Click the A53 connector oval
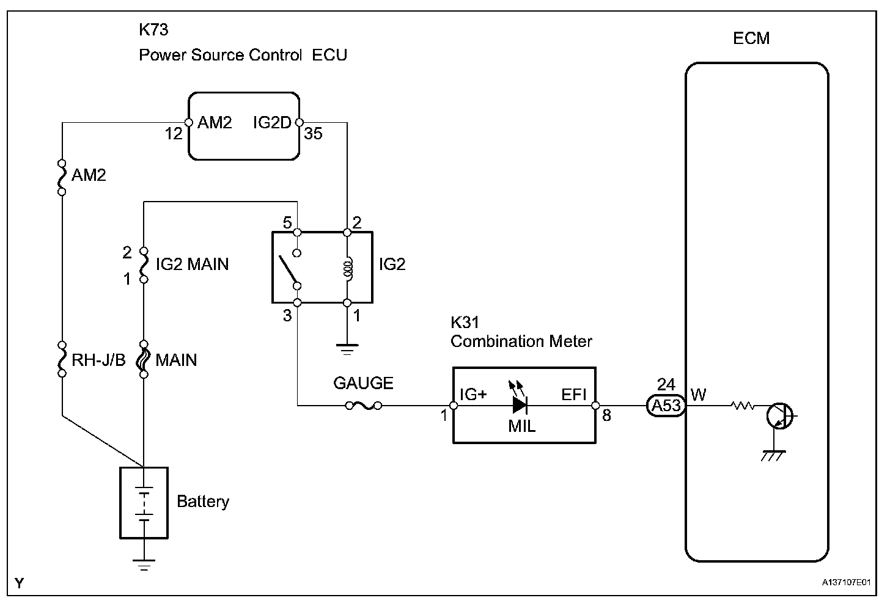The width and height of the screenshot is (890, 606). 666,406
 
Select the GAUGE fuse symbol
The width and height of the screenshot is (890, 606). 364,406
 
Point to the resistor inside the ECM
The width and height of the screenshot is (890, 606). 742,406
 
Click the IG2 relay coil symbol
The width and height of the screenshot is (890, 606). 348,269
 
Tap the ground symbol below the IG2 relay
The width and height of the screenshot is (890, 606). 347,349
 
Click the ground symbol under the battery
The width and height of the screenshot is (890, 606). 144,564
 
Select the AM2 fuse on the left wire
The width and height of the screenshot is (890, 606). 62,178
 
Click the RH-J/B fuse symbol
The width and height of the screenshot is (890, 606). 62,359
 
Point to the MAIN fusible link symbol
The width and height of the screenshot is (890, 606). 144,359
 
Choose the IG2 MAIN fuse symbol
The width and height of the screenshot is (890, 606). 144,265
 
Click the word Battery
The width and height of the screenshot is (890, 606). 203,502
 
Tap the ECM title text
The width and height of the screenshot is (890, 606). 751,38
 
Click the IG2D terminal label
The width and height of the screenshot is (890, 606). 272,122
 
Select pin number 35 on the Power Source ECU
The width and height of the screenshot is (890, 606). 313,133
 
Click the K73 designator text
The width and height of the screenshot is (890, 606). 153,30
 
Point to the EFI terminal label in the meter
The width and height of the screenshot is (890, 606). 574,395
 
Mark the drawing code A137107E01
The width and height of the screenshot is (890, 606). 846,582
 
